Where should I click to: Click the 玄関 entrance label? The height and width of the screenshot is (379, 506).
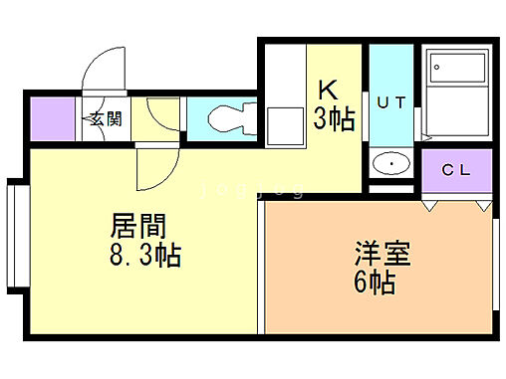pos(106,119)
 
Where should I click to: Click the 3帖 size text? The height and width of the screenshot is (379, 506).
pos(336,119)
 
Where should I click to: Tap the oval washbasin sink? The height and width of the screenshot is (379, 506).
pos(392,164)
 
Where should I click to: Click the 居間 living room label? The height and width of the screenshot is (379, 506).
pos(137,226)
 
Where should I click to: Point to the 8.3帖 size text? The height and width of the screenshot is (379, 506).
pos(144,257)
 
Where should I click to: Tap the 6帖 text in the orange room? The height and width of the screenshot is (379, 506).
pos(375,282)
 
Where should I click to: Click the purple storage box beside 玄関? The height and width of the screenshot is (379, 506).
pos(53,120)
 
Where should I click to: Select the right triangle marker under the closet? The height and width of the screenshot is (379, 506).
pos(483,205)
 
